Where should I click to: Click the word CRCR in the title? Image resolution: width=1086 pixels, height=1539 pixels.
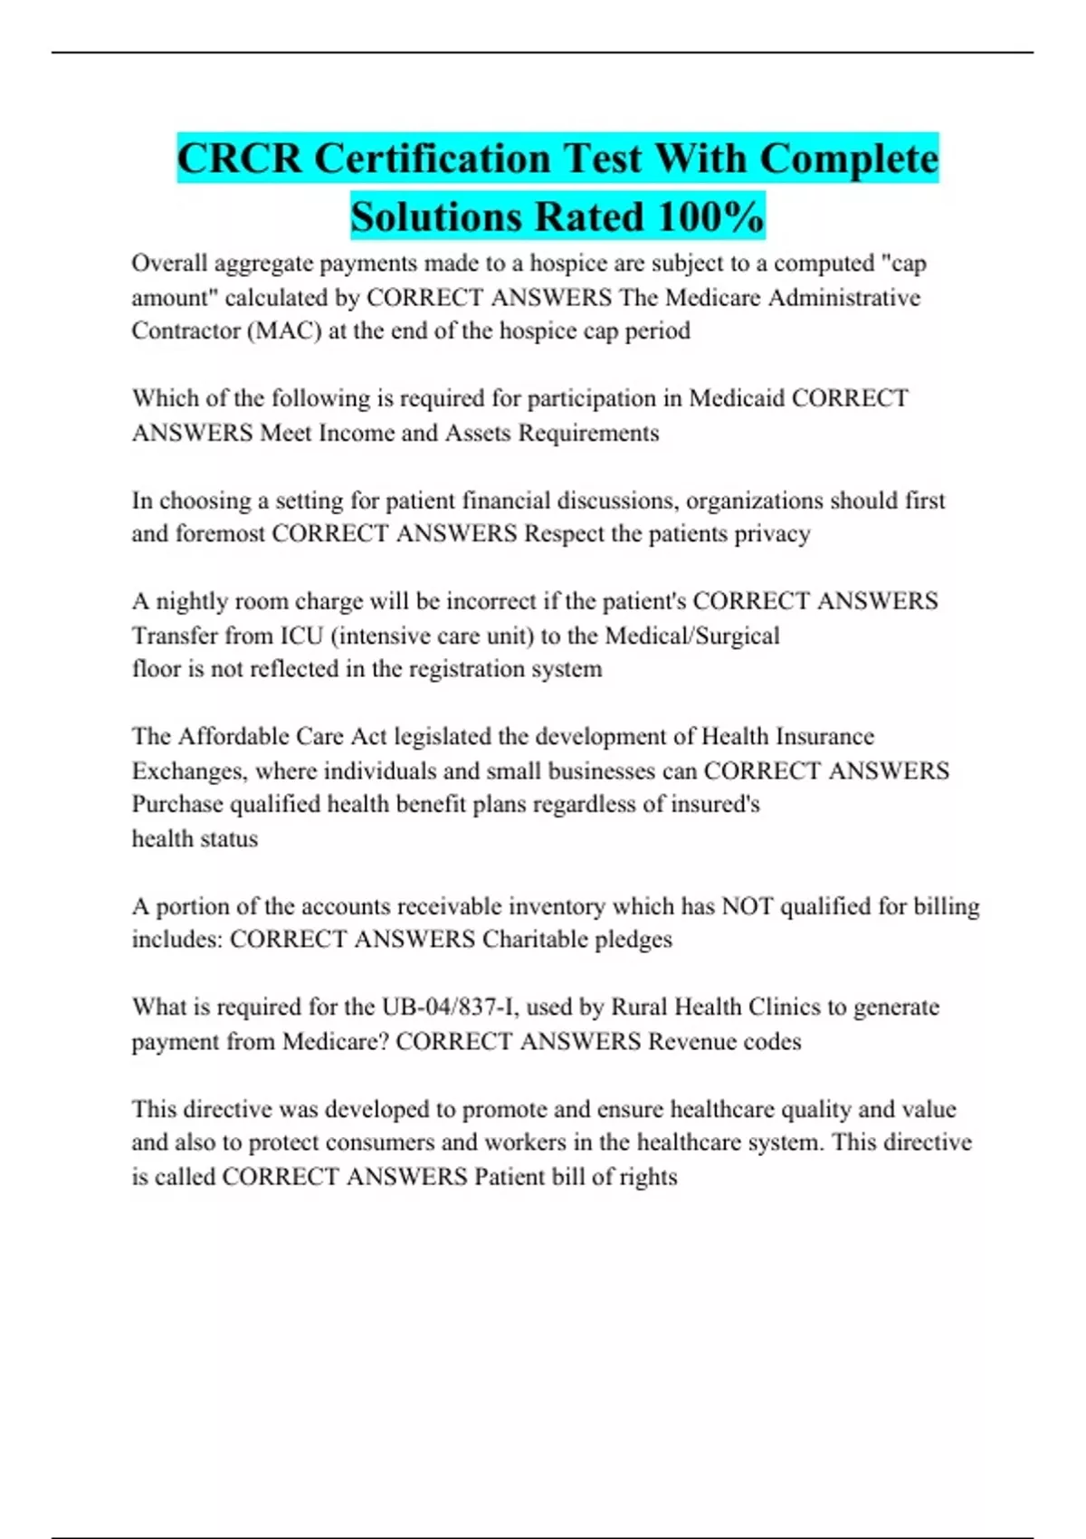tap(239, 159)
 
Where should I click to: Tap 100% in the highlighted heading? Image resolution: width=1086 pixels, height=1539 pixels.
tap(710, 217)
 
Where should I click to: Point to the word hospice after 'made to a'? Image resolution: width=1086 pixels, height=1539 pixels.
tap(569, 263)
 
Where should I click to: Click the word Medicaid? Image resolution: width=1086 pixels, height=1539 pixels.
tap(737, 398)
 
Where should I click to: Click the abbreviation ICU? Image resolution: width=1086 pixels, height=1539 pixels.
tap(301, 636)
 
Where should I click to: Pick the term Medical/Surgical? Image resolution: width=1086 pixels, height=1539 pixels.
tap(692, 636)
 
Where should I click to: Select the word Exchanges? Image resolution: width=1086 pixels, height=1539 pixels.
tap(189, 771)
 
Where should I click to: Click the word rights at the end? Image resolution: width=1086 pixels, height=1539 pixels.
tap(649, 1177)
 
